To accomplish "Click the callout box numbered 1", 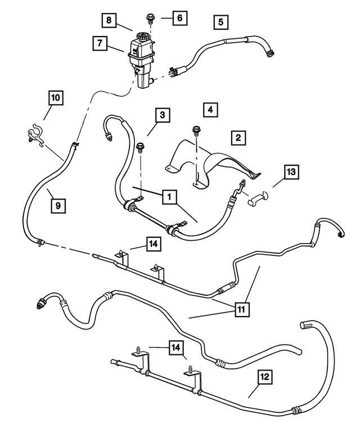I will (x=168, y=197).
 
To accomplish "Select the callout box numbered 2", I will (x=238, y=137).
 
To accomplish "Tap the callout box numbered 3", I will (x=161, y=115).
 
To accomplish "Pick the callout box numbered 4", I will (x=210, y=109).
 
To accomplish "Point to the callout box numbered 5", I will (x=220, y=22).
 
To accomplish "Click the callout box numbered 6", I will (x=179, y=18).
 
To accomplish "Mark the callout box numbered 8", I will (x=110, y=21).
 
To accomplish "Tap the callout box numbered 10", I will (x=55, y=98).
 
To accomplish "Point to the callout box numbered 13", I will (x=291, y=172).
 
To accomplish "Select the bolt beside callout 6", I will (x=150, y=19).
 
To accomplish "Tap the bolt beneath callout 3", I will (x=139, y=148).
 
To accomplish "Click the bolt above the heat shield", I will (x=196, y=130).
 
